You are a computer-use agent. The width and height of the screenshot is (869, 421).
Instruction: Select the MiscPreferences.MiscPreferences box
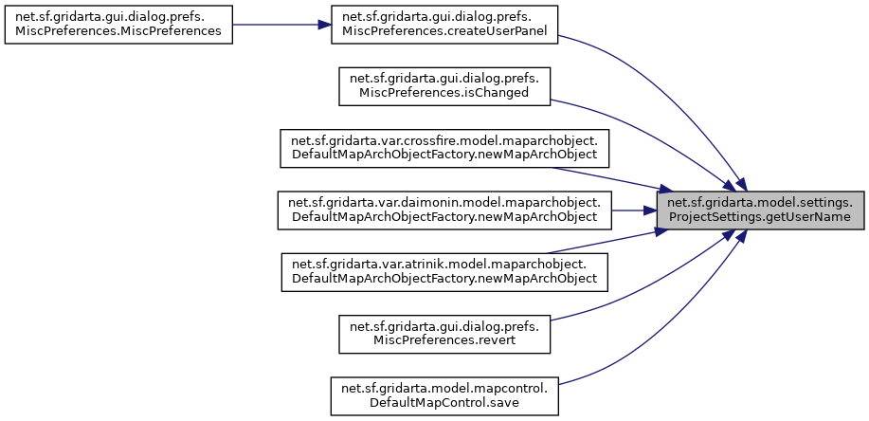click(x=118, y=24)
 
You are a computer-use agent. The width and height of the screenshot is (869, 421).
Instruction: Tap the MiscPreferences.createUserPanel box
click(x=444, y=24)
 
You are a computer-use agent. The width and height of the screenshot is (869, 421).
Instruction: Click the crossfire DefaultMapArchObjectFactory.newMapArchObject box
click(x=444, y=147)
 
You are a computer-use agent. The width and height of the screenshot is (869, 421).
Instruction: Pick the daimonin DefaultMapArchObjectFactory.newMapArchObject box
click(x=444, y=210)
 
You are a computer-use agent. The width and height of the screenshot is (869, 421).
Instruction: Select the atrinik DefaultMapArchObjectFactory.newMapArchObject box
click(x=444, y=272)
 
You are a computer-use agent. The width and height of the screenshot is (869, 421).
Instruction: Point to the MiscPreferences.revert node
click(x=444, y=335)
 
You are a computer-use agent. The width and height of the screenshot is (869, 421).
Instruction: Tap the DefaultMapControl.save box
click(x=444, y=397)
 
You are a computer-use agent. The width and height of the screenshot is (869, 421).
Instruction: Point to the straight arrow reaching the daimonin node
click(x=635, y=210)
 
